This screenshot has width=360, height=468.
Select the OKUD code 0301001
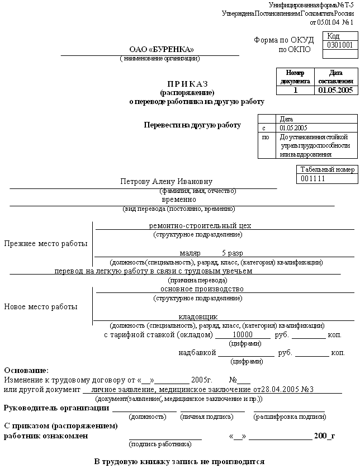pos(340,45)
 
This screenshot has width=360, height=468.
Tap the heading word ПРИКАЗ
pos(187,83)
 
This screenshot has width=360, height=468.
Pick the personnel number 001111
pos(313,178)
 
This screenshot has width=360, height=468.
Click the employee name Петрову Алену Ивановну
pos(167,182)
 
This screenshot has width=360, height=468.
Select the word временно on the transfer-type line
pos(179,199)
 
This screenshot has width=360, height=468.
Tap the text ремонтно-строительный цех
pos(200,226)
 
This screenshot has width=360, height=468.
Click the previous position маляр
pos(190,253)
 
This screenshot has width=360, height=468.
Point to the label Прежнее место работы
pos(46,244)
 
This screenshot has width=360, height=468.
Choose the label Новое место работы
pos(41,306)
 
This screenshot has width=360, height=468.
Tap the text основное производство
pos(202,289)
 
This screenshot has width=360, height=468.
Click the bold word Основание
pos(26,370)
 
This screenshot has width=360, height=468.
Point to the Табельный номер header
pos(327,169)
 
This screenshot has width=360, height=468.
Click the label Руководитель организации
pos(56,408)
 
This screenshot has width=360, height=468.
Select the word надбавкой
pos(197,353)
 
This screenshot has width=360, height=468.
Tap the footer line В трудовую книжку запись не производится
pos(179,461)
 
